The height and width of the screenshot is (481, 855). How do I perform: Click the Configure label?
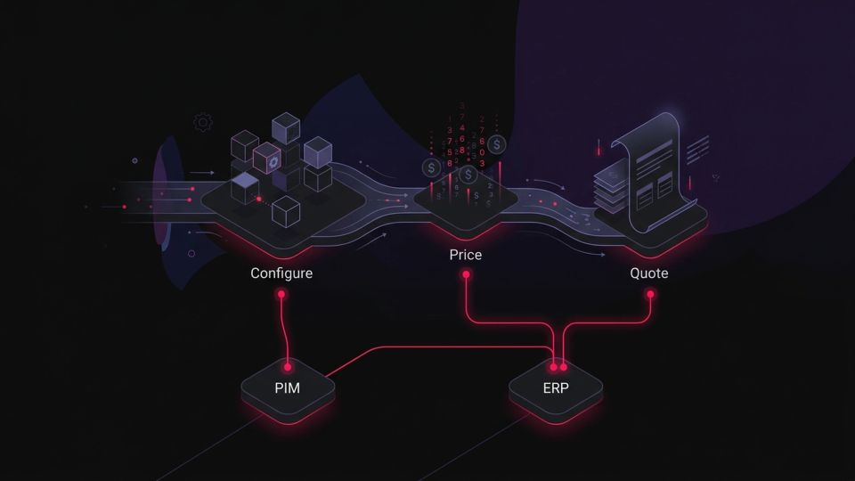[281, 273]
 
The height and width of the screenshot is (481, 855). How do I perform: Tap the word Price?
[465, 255]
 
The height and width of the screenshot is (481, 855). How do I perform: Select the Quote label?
[648, 273]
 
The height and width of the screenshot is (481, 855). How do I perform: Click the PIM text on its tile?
[287, 387]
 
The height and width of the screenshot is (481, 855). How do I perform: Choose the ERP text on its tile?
[555, 387]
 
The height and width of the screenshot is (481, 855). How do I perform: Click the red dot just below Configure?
[281, 293]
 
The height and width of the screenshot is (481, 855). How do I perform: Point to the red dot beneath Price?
[465, 274]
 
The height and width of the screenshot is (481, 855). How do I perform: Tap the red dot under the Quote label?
[650, 294]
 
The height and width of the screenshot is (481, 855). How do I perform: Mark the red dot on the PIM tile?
[288, 366]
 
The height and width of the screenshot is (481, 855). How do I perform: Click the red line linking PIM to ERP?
[427, 346]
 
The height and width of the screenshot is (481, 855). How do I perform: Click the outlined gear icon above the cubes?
[203, 121]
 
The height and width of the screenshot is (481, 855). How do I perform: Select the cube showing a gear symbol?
[266, 159]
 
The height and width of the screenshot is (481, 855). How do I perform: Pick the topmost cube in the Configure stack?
[285, 126]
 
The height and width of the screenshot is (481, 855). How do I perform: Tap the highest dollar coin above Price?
[497, 144]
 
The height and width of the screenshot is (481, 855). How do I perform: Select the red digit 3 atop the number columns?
[462, 106]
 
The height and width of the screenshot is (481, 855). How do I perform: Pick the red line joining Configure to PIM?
[285, 330]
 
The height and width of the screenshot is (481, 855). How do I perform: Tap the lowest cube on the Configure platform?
[285, 210]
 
